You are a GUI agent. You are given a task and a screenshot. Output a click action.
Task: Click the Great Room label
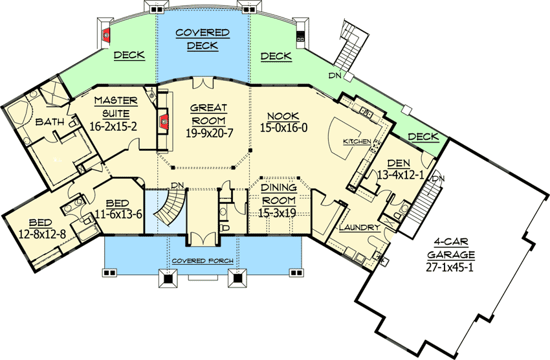208,114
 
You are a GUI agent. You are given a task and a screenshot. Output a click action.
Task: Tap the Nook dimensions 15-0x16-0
283,128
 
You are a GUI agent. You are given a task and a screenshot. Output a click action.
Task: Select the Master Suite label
116,107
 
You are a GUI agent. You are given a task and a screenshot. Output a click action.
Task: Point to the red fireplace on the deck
106,34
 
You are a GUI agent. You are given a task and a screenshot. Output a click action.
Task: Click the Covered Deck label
203,39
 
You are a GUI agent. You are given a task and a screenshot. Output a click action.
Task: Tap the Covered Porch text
203,261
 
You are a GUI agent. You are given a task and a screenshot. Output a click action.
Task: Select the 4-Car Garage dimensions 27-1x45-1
450,267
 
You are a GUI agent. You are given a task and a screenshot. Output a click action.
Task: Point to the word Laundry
360,227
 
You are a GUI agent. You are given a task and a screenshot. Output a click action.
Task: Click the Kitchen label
357,141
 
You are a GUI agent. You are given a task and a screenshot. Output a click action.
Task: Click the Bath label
50,122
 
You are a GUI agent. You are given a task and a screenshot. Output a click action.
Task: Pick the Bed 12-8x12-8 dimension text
42,234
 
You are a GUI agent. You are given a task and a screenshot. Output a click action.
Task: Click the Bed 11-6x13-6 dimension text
118,214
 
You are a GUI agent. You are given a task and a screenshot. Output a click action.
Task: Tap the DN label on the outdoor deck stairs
335,75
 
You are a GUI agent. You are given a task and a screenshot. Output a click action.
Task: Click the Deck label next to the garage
423,137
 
